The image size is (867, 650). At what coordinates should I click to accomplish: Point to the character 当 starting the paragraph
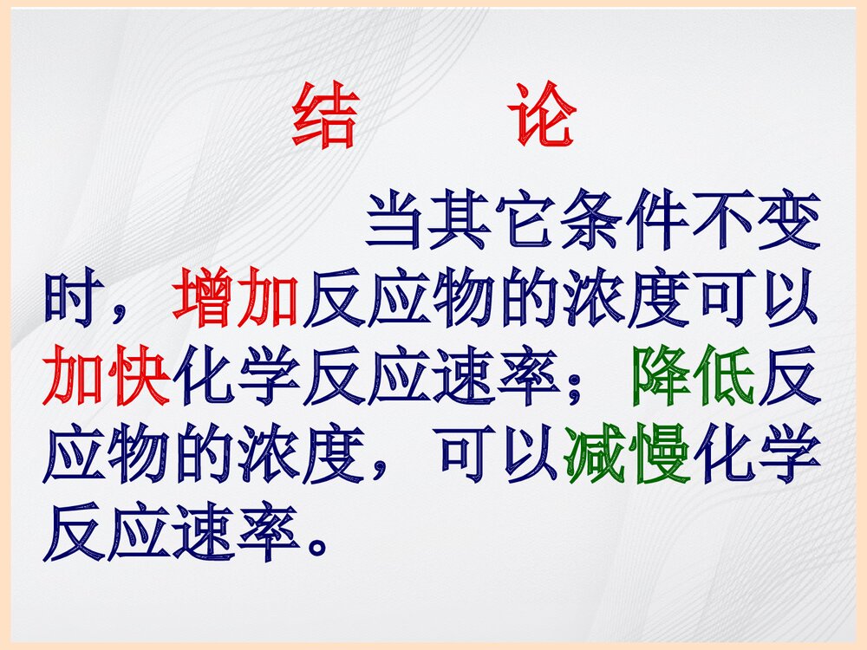click(x=398, y=224)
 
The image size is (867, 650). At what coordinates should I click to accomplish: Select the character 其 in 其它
click(x=462, y=224)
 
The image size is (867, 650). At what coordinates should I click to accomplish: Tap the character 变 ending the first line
click(x=786, y=224)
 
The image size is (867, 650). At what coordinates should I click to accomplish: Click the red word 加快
click(x=108, y=377)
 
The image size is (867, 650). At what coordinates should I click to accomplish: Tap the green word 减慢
click(x=628, y=454)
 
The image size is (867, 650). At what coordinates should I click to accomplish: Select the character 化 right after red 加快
click(x=204, y=377)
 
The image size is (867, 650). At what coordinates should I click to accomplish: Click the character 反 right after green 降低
click(x=789, y=377)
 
